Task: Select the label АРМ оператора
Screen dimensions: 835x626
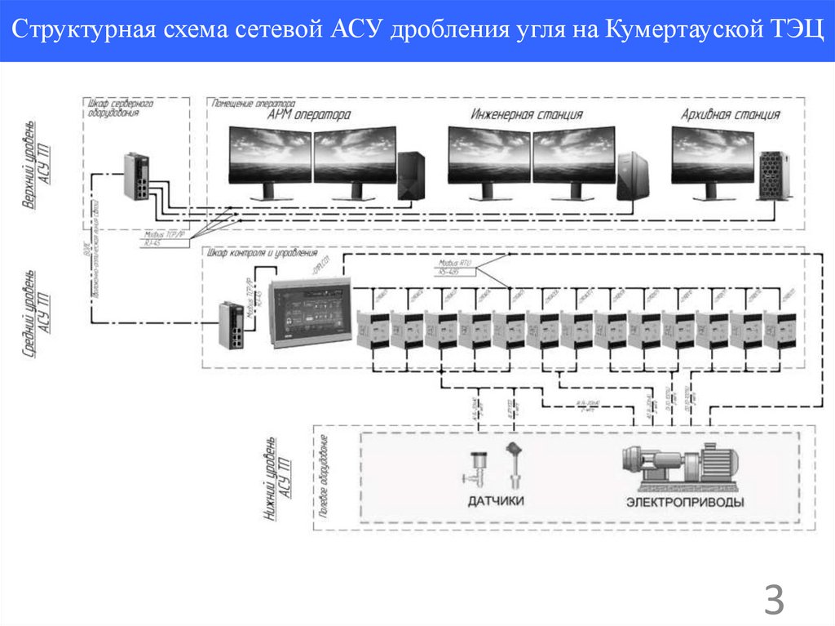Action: [x=309, y=115]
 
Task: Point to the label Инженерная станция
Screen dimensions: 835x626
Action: [x=527, y=115]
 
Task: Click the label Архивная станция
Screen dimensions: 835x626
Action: [x=730, y=115]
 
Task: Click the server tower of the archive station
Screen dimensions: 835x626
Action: [x=771, y=175]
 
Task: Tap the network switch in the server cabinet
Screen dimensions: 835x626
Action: [x=138, y=175]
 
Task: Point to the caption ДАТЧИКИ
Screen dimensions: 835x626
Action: [x=496, y=502]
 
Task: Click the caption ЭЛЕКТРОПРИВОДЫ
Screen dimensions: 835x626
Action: [x=684, y=502]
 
